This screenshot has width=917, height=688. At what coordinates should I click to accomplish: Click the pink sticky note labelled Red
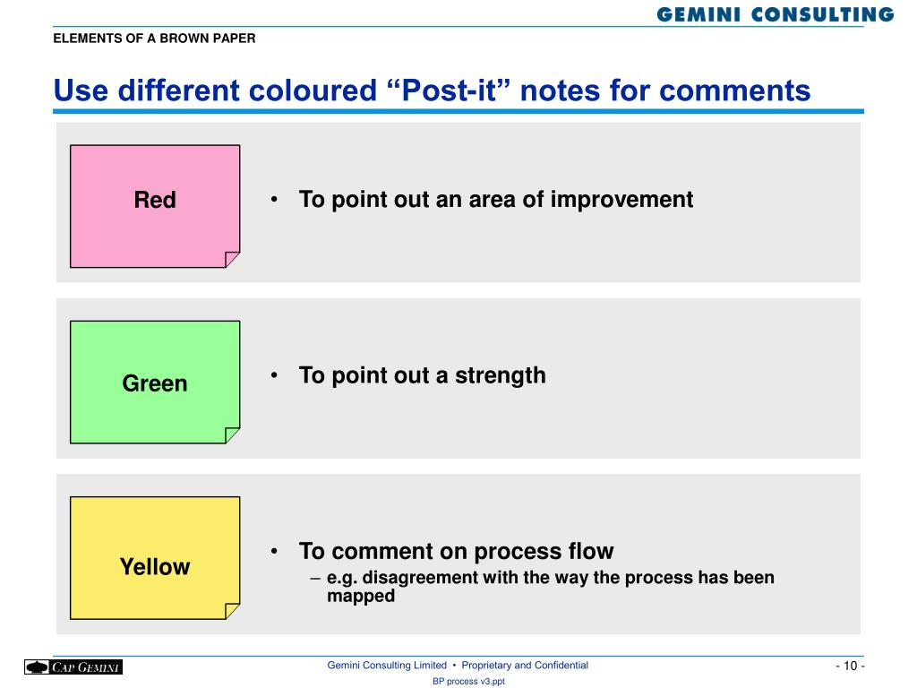155,206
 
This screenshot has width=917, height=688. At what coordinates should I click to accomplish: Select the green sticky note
155,382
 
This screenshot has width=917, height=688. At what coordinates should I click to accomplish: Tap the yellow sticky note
155,558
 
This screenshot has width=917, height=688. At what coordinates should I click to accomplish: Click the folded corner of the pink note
232,259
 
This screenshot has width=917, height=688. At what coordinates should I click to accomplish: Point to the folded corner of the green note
232,434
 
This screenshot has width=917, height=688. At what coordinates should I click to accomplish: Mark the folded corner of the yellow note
232,611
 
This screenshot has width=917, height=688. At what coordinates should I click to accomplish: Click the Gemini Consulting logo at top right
775,14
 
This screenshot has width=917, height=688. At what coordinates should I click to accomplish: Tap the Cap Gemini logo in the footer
73,666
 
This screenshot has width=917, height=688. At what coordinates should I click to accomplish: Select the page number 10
851,666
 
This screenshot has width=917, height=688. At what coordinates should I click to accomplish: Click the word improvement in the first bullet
621,200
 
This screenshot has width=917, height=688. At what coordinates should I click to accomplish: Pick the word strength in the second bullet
501,375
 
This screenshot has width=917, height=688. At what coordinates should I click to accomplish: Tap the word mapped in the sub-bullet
361,596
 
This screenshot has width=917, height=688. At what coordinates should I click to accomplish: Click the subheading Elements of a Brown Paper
154,39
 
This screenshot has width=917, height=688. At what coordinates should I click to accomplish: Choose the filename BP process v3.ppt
468,682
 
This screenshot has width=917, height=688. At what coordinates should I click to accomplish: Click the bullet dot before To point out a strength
274,374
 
